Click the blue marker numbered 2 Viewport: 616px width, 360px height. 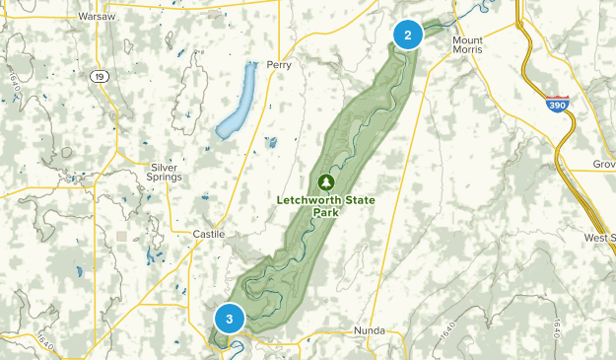click(407, 35)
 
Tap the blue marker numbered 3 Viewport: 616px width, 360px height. click(229, 319)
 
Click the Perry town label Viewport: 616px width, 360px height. click(280, 65)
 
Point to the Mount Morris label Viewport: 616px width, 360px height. click(467, 45)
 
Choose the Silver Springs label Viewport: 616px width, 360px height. click(165, 172)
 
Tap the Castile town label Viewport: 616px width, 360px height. click(208, 234)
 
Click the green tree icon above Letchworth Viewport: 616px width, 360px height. click(325, 181)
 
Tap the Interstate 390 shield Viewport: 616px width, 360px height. click(557, 105)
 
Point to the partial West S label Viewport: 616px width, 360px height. click(598, 238)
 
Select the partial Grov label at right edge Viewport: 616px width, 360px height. click(602, 163)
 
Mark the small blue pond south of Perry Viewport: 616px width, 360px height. click(271, 142)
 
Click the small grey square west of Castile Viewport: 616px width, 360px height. click(121, 236)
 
